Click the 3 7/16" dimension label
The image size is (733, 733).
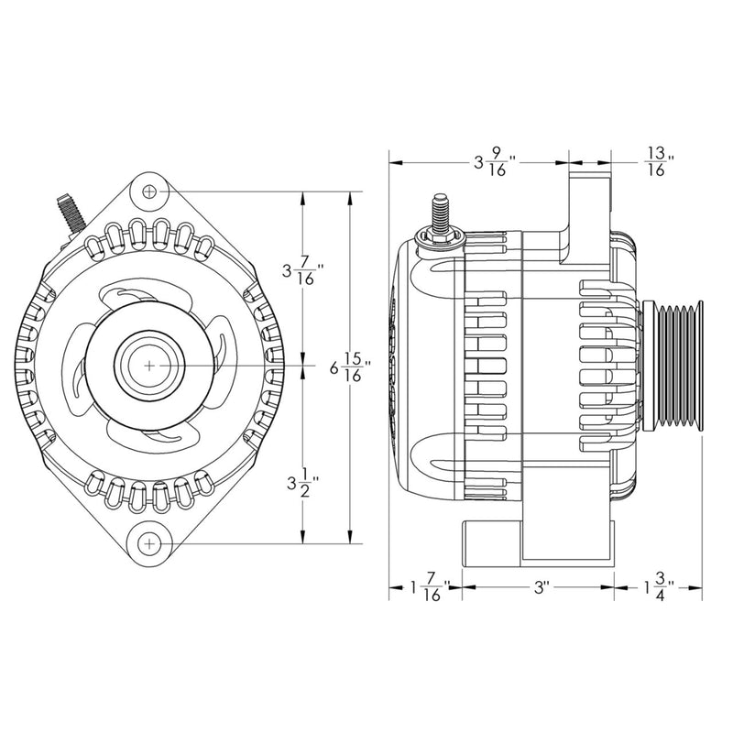pos(305,272)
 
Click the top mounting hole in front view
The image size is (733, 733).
pos(150,191)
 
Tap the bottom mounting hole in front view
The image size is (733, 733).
pos(149,544)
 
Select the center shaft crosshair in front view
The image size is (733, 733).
pos(149,364)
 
